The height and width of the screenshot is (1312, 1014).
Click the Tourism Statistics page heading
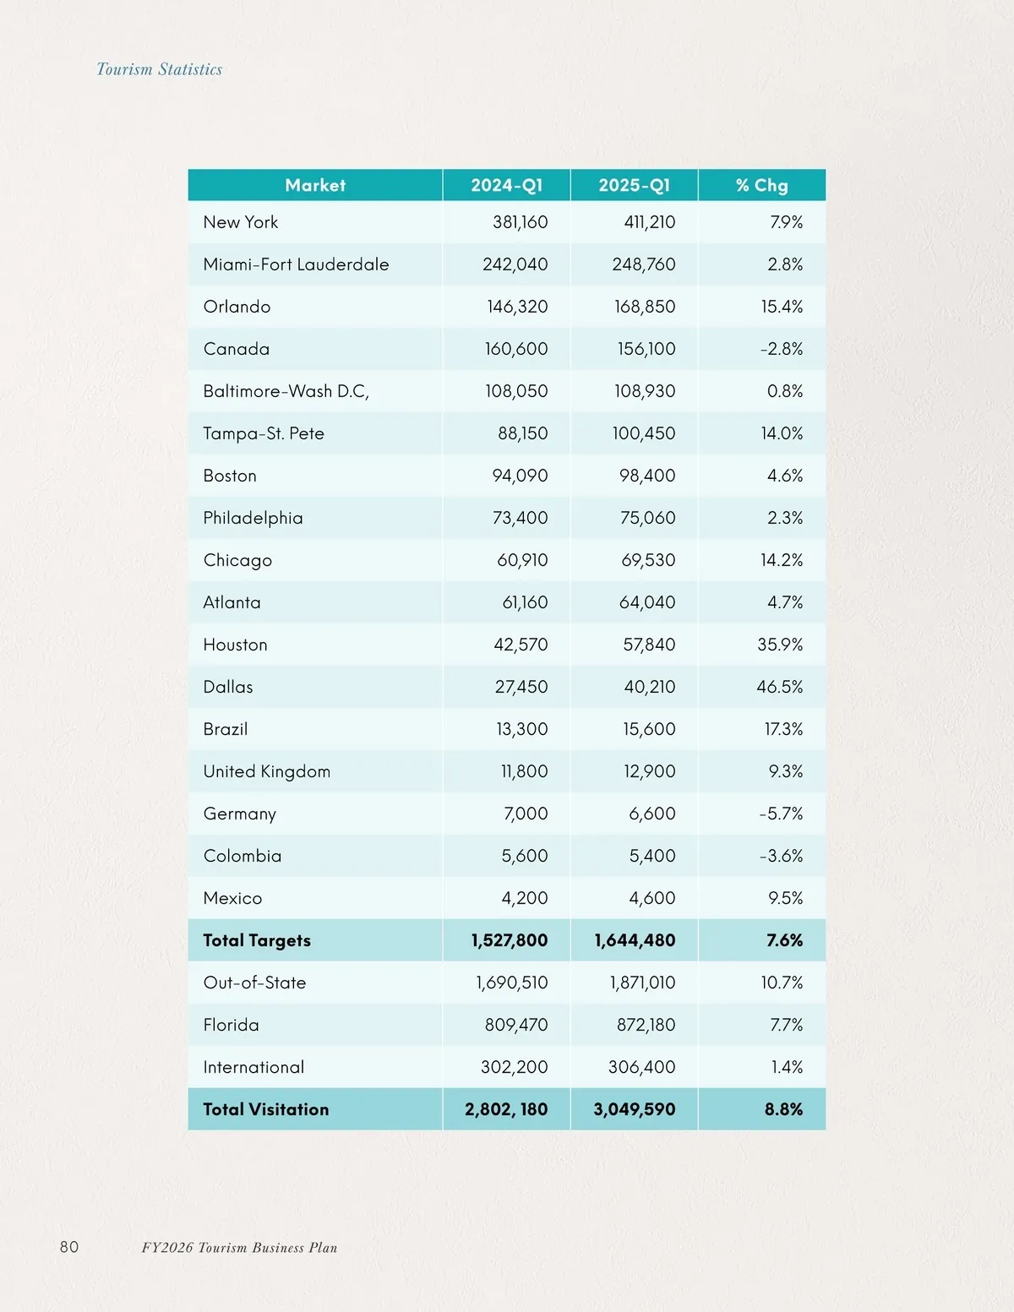point(160,69)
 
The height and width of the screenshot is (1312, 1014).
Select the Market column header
point(315,185)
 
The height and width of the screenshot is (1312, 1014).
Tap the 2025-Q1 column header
point(634,185)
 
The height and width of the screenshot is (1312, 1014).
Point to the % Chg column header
point(761,185)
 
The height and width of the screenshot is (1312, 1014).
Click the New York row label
point(241,222)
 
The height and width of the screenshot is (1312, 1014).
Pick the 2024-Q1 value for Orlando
point(517,307)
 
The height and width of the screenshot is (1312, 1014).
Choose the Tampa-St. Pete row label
point(264,433)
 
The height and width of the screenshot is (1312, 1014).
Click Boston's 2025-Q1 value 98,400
point(647,476)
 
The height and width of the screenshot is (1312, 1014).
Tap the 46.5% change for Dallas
point(779,687)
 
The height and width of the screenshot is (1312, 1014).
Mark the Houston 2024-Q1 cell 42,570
point(521,645)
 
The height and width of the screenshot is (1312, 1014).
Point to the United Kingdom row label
point(267,771)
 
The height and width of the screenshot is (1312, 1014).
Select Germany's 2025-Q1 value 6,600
point(651,814)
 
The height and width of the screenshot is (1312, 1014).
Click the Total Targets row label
point(257,940)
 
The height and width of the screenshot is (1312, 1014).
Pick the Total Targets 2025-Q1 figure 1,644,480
point(635,940)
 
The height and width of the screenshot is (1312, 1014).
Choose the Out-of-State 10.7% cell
point(782,983)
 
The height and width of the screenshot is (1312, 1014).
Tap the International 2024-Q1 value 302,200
point(514,1067)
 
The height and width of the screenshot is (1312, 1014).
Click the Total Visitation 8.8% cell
point(783,1109)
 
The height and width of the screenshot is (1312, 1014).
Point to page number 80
point(69,1247)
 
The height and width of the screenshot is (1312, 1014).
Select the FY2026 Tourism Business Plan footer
point(239,1248)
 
